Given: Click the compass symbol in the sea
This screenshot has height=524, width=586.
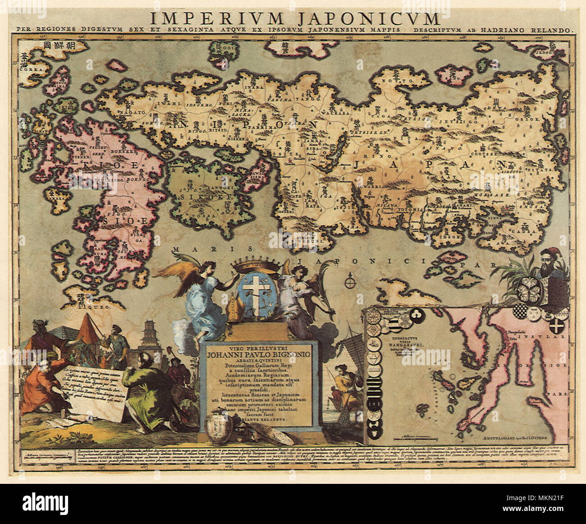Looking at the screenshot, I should click(x=348, y=283).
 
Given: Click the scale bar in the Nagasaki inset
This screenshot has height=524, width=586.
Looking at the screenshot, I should click(x=414, y=437).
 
